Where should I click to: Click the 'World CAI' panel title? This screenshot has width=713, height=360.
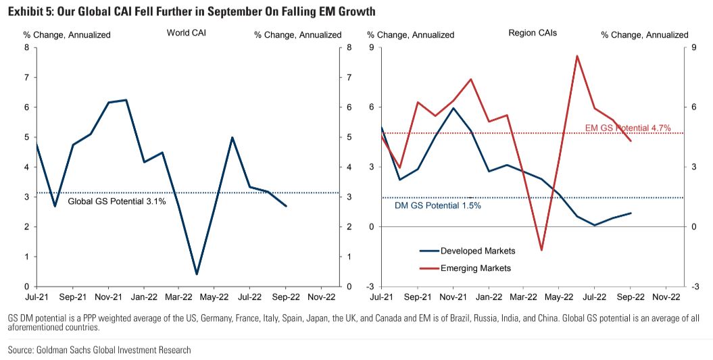coord(187,32)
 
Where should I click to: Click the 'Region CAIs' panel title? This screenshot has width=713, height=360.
coord(533,32)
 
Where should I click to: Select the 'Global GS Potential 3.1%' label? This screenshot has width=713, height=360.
coord(117,201)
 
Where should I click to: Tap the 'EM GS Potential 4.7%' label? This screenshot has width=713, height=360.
coord(627,128)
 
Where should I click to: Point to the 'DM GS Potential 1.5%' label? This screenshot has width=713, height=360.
coord(438,205)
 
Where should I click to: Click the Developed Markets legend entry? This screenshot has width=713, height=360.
coord(478,251)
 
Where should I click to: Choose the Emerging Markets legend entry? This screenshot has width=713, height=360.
coord(476,268)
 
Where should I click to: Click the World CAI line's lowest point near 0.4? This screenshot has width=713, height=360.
coord(196,274)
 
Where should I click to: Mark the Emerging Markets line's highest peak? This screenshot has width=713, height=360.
coord(577,56)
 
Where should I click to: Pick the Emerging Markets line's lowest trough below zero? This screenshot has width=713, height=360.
coord(541,250)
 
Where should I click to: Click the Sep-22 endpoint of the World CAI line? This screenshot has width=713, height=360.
coord(286,206)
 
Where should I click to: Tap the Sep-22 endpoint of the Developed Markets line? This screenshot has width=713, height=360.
coord(631,213)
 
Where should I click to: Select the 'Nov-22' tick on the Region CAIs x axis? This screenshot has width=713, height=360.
coord(666,296)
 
